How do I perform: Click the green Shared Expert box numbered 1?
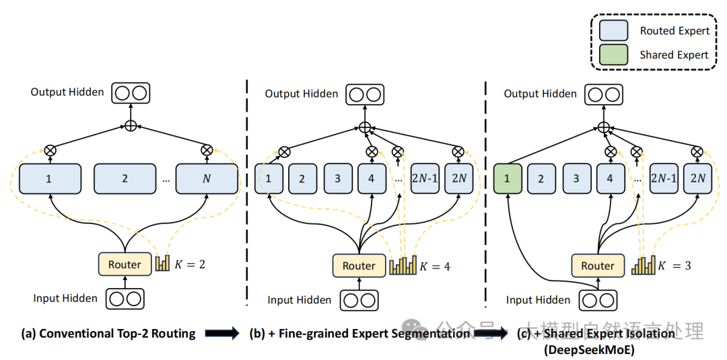508,178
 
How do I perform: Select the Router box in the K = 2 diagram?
125,264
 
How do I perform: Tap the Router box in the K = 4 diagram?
359,266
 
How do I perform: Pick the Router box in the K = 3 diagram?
598,266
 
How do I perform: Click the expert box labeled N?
207,178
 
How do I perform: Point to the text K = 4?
435,266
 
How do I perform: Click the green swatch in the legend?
613,55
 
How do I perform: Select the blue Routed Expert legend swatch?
613,30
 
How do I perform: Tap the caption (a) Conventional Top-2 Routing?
108,333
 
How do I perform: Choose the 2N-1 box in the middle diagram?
425,179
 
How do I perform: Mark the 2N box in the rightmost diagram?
699,179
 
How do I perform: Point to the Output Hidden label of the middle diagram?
302,94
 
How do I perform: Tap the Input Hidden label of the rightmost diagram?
538,300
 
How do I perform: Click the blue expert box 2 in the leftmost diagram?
125,178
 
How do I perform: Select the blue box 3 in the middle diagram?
337,179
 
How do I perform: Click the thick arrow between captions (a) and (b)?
222,333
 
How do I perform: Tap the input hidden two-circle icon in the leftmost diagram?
125,298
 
